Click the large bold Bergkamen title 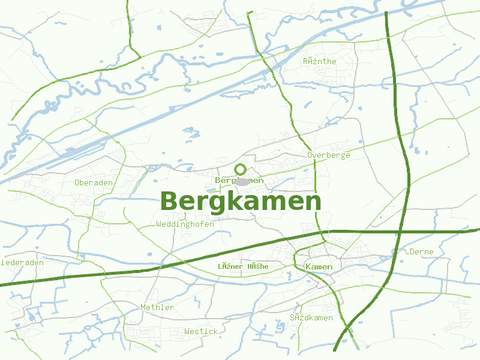241,202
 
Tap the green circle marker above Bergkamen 241,169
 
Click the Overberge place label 328,155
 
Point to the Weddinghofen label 185,224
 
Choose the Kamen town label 319,266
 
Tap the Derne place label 421,252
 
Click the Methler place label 157,308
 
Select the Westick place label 201,331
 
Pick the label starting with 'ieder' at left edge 23,263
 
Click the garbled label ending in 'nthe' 320,61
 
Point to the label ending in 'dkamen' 311,317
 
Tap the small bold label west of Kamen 243,266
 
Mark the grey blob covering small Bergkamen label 242,181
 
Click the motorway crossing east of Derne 403,231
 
